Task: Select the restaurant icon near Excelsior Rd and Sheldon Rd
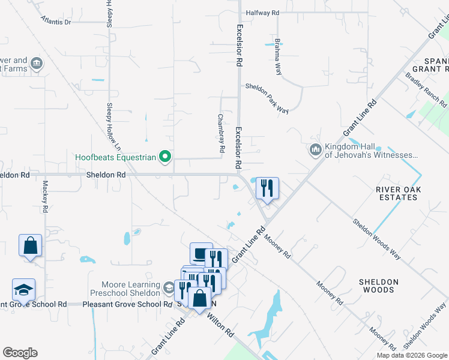coord(267,188)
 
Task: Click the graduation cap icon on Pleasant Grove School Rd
coord(24,290)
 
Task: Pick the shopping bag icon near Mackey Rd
coord(30,245)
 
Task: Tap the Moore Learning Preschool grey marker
coord(169,289)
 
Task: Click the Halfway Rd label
coord(262,13)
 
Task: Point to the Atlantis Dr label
coord(56,22)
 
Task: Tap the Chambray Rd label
coord(221,133)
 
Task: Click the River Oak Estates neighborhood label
coord(399,194)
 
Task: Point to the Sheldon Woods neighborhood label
coord(378,286)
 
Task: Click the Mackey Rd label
coord(45,197)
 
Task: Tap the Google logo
coord(20,353)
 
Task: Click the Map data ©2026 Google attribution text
coord(412,355)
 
